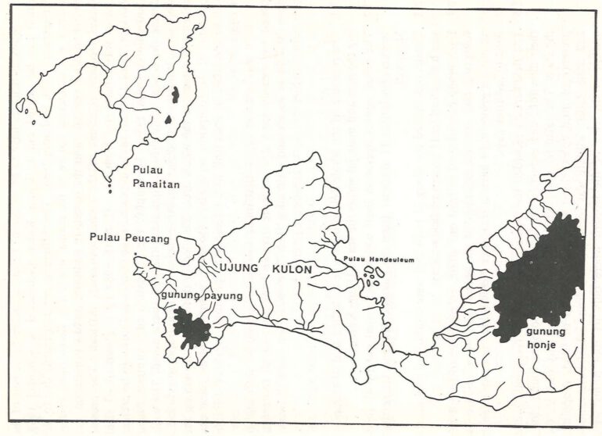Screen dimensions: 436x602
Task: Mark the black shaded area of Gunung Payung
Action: click(190, 327)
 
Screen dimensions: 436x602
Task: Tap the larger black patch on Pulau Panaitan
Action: click(176, 95)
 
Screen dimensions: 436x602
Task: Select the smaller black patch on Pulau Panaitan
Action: click(169, 120)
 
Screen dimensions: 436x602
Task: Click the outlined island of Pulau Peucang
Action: click(187, 248)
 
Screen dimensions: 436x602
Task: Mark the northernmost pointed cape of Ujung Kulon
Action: click(317, 155)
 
